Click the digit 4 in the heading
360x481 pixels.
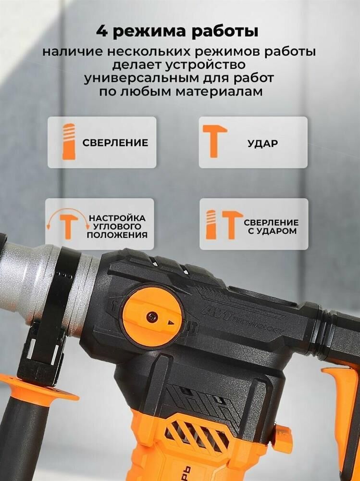click(102, 32)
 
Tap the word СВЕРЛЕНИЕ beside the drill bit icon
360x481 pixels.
click(115, 143)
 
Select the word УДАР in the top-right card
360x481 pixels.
click(263, 143)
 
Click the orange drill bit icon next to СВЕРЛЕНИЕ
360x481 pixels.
click(69, 142)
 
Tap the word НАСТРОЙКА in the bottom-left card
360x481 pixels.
click(117, 218)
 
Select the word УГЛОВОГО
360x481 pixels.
click(117, 227)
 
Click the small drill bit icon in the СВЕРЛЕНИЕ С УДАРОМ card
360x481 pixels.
click(211, 225)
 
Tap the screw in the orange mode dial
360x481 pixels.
click(152, 317)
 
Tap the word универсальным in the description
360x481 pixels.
click(141, 78)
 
